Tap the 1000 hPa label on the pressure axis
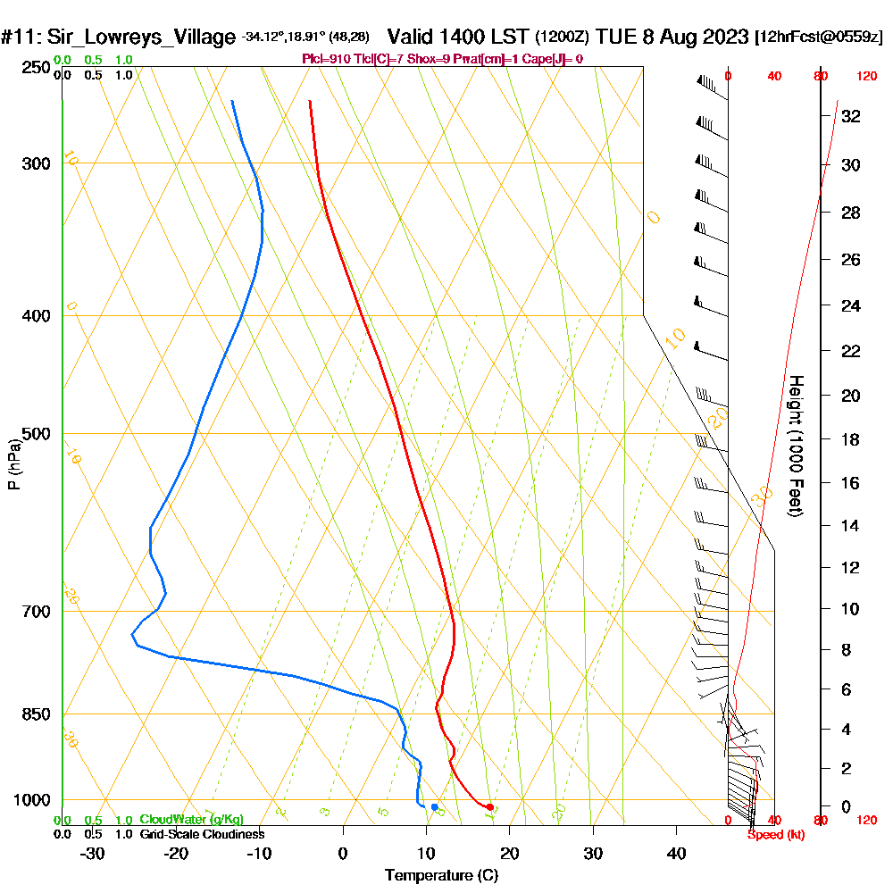[x=33, y=800]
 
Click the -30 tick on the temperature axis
[x=93, y=853]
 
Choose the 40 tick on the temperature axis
[x=676, y=853]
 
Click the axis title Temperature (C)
[x=441, y=876]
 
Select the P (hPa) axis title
[x=13, y=463]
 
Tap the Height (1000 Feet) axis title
[x=795, y=445]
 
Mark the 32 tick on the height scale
[x=850, y=116]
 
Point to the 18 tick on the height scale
[x=850, y=439]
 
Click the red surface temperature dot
[x=489, y=807]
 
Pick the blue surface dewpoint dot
[x=435, y=807]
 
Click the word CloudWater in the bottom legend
[x=167, y=820]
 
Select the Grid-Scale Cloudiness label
[x=202, y=834]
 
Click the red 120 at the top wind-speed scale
[x=865, y=77]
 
